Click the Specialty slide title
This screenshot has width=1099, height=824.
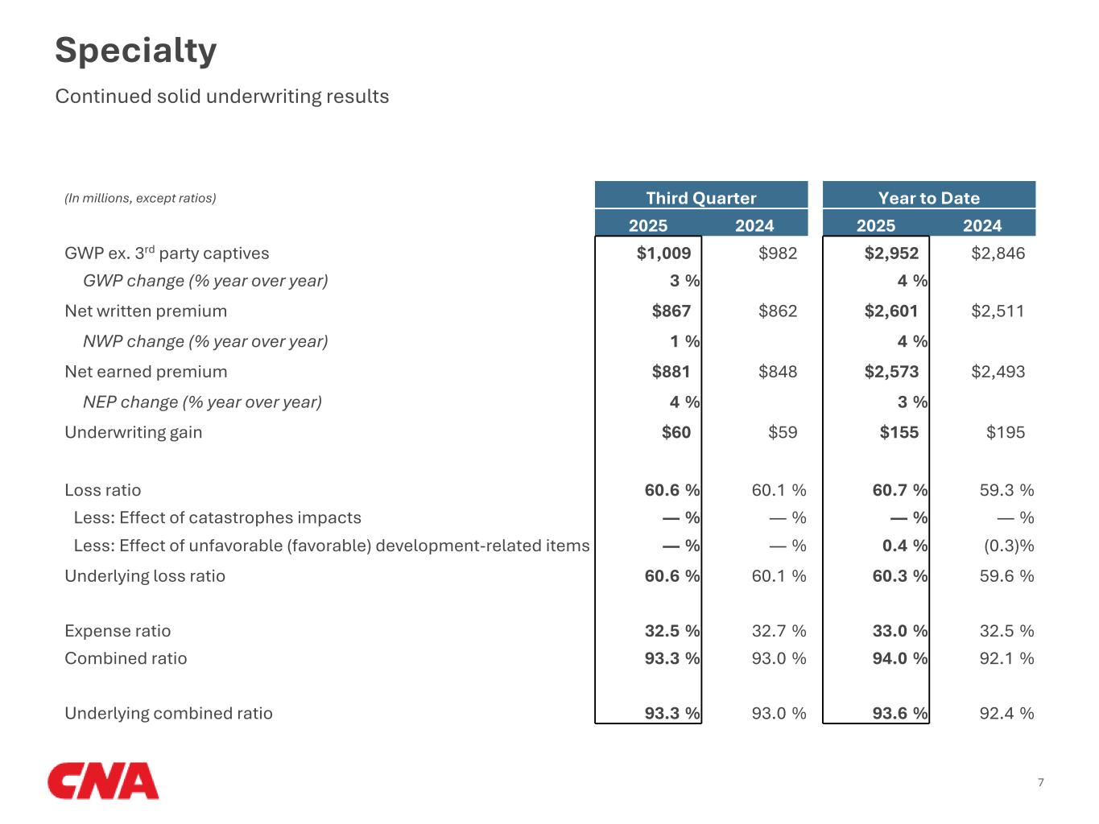pyautogui.click(x=135, y=51)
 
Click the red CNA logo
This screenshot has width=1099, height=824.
pyautogui.click(x=103, y=781)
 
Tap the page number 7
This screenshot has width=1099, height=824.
pyautogui.click(x=1040, y=782)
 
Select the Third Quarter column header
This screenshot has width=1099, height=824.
pyautogui.click(x=700, y=198)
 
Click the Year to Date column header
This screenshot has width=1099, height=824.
pyautogui.click(x=928, y=198)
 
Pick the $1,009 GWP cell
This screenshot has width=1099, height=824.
pyautogui.click(x=663, y=253)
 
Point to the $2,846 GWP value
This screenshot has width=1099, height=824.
pyautogui.click(x=998, y=253)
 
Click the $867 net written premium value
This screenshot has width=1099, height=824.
pyautogui.click(x=671, y=311)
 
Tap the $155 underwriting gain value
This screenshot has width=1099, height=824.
pyautogui.click(x=899, y=433)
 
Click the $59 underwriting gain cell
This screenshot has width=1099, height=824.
pyautogui.click(x=782, y=433)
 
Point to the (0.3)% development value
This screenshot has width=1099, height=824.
pyautogui.click(x=1008, y=546)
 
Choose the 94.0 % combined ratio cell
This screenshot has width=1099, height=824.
pyautogui.click(x=899, y=658)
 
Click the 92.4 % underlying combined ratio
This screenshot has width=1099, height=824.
pyautogui.click(x=1006, y=713)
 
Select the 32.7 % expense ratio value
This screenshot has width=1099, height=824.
pyautogui.click(x=778, y=631)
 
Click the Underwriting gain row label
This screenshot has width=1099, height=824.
pyautogui.click(x=133, y=433)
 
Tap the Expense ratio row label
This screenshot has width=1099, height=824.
pyautogui.click(x=118, y=631)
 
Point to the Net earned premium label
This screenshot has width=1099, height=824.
pyautogui.click(x=146, y=372)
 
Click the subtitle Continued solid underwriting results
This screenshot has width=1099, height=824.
pyautogui.click(x=221, y=97)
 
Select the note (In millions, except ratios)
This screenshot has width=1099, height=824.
pyautogui.click(x=140, y=198)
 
